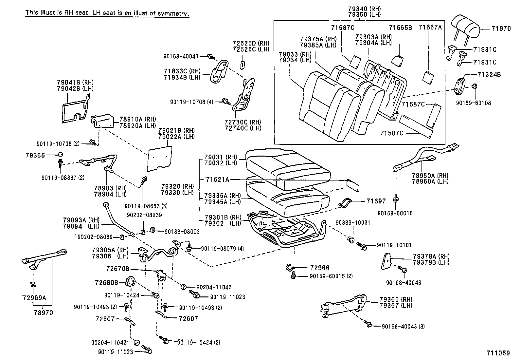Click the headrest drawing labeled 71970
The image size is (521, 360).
point(466,25)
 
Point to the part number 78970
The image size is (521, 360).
point(43,313)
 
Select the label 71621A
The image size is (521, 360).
point(218,179)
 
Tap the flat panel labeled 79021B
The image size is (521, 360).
point(160,159)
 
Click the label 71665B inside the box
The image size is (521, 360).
point(400,28)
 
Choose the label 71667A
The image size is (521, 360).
point(430,28)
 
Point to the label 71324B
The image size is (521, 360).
point(489,74)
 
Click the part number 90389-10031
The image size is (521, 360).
point(353,223)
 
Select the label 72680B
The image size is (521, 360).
point(107,282)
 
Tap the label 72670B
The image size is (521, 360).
point(118,269)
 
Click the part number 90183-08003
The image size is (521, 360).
point(182,232)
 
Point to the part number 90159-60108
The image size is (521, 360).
point(473,103)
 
